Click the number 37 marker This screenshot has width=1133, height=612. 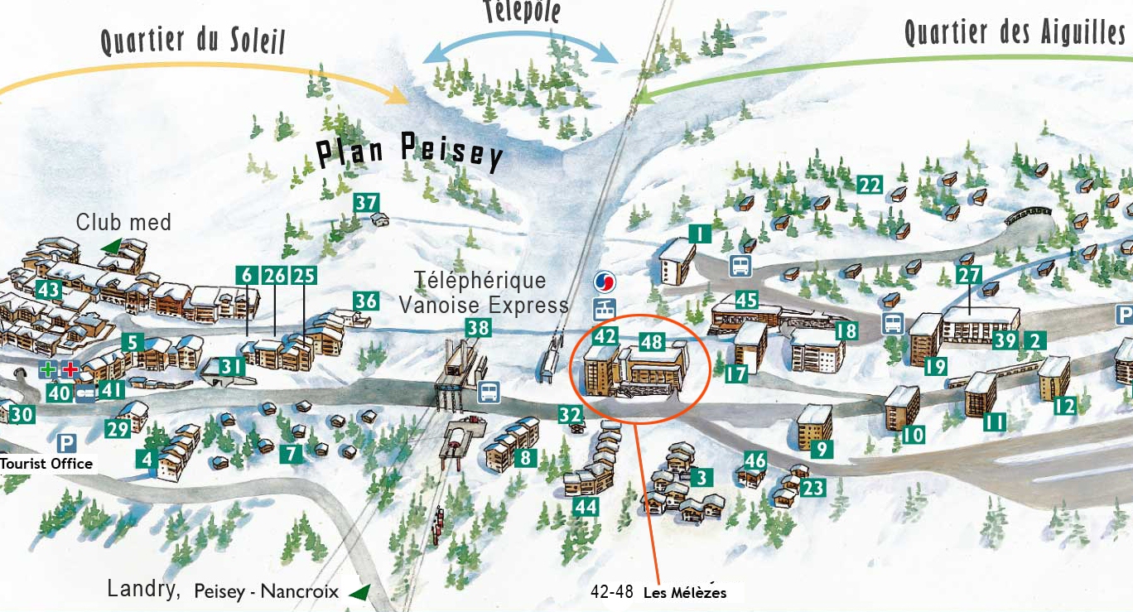[x=366, y=202]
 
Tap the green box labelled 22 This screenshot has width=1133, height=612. [x=869, y=185]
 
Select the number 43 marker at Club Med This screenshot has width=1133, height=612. [x=49, y=290]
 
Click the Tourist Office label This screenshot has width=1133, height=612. [x=46, y=464]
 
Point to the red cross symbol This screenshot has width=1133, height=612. [x=71, y=369]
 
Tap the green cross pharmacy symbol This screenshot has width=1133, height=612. [x=49, y=369]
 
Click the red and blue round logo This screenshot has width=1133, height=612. [x=605, y=282]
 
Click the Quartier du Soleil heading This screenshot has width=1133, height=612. [x=192, y=38]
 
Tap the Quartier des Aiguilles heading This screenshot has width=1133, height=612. [x=1014, y=31]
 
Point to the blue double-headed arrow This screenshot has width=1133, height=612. [x=521, y=48]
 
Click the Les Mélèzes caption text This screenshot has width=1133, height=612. [x=684, y=592]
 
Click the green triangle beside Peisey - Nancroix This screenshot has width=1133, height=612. [x=359, y=592]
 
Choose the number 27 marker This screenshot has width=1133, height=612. [x=968, y=275]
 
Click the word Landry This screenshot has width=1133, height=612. [x=143, y=589]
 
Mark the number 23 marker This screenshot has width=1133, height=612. [x=813, y=488]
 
